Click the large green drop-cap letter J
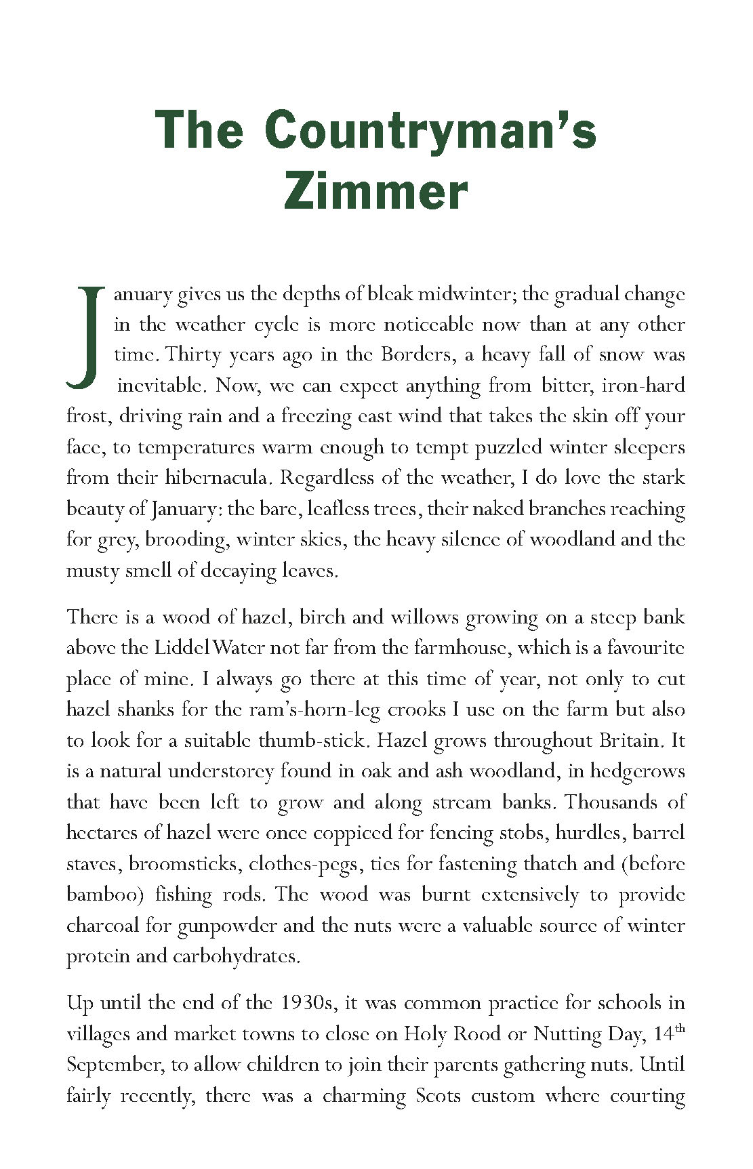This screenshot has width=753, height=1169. pos(85,337)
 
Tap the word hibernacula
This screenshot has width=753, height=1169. pos(217,478)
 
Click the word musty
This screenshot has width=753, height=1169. pos(92,571)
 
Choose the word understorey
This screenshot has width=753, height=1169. pos(220,771)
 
